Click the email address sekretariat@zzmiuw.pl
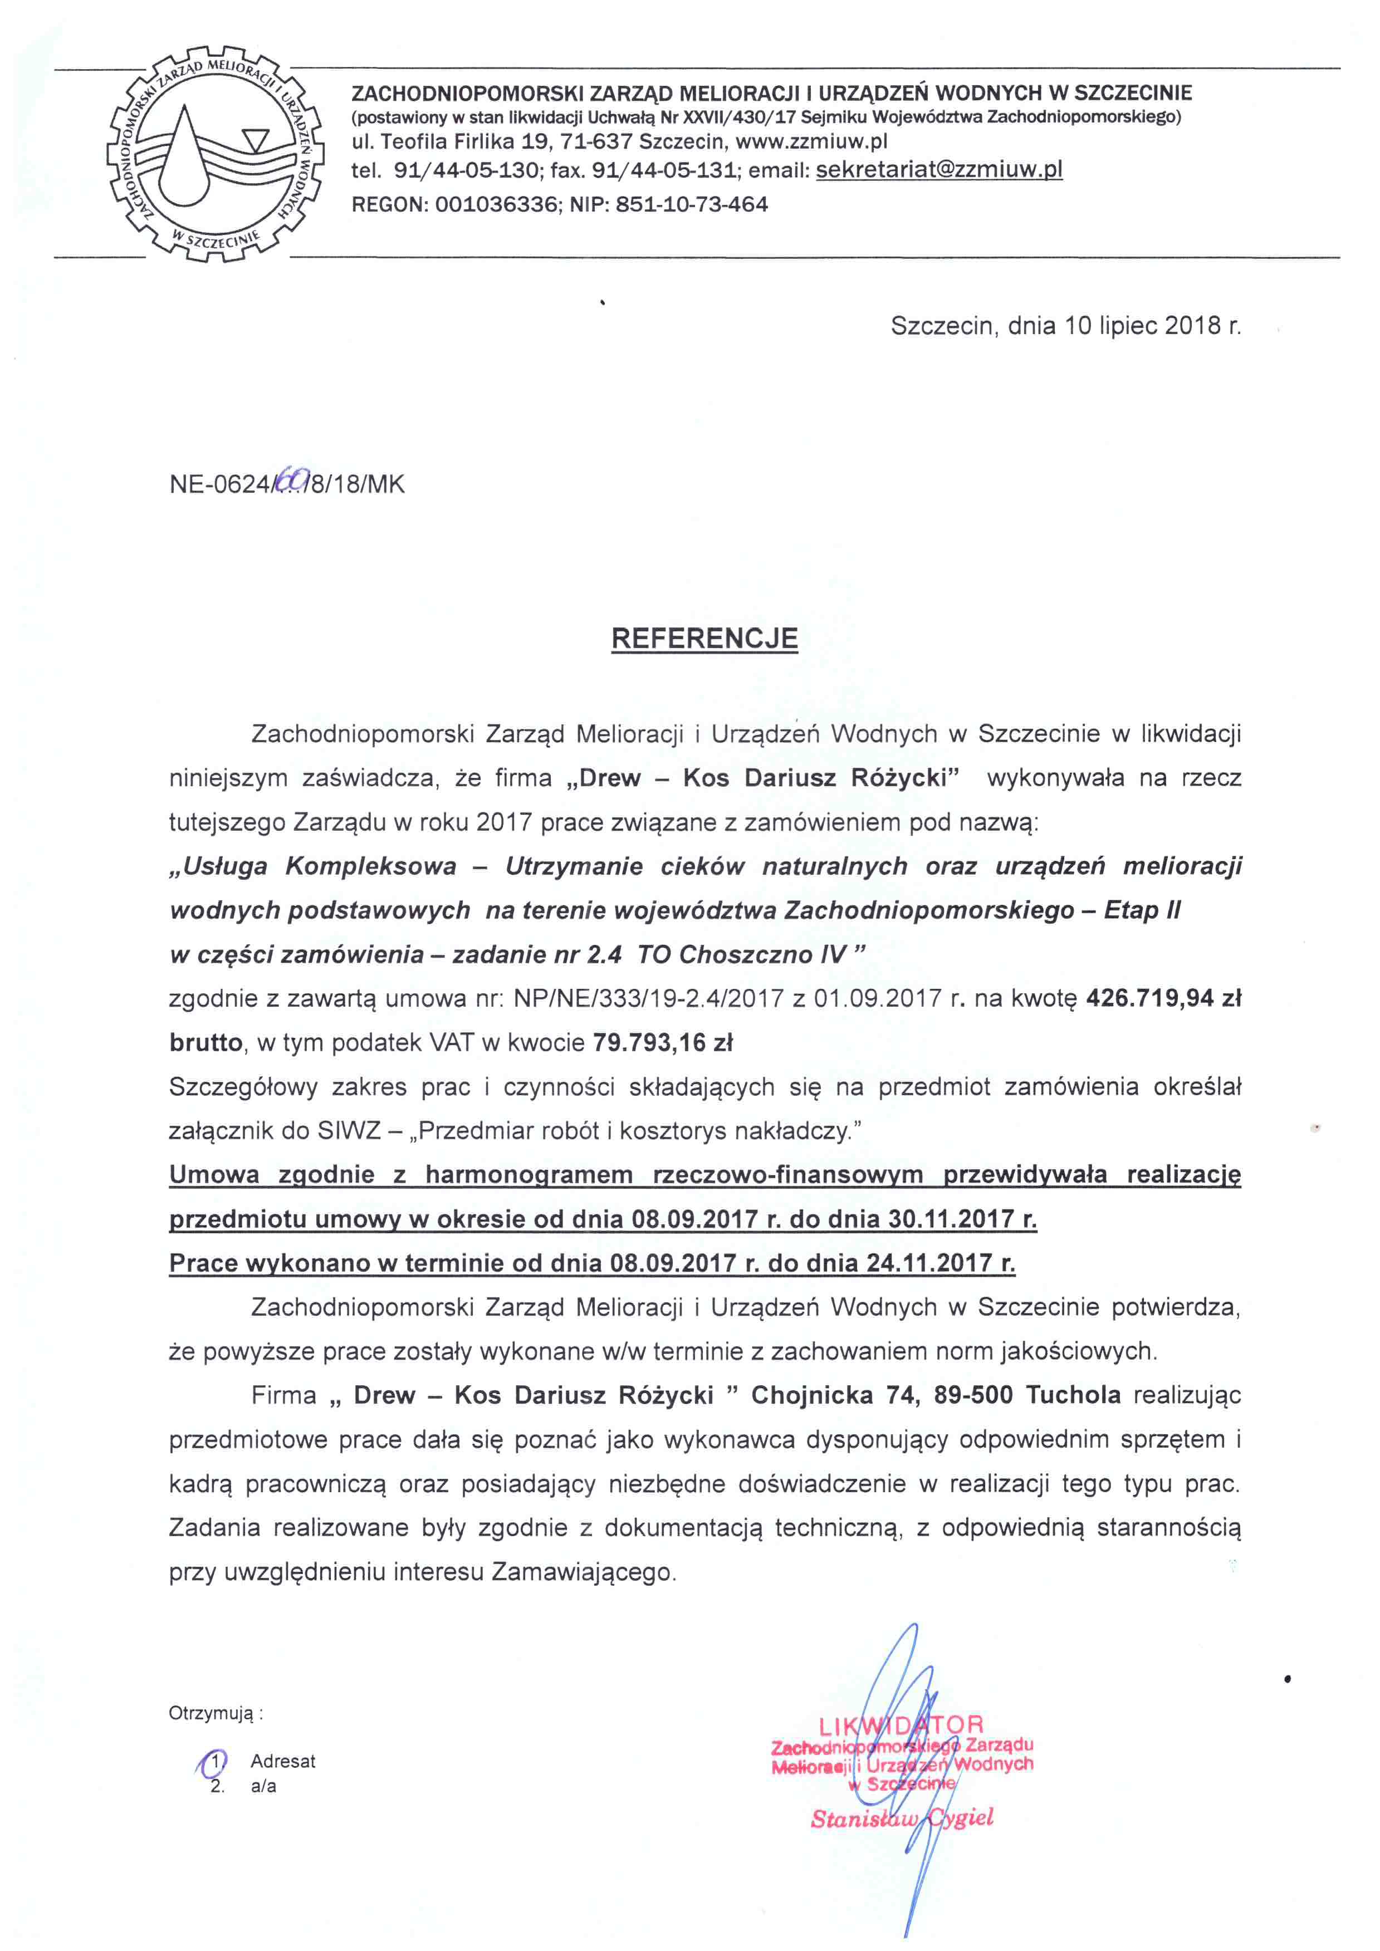939,170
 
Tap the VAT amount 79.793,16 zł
663,1043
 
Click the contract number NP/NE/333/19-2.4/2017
648,998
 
